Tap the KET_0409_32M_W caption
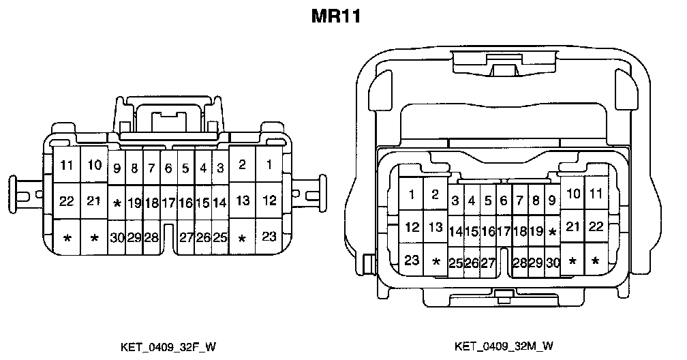[504, 346]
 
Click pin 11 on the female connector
[67, 165]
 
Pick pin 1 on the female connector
[270, 164]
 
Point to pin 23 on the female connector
[270, 237]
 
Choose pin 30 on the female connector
[117, 237]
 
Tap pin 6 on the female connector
[168, 168]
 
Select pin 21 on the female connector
[95, 201]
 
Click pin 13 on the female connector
[242, 201]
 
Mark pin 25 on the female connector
[219, 237]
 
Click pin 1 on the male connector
[412, 194]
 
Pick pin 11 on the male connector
[596, 194]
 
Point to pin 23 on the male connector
[412, 259]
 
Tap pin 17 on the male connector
[504, 231]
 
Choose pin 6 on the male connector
[504, 200]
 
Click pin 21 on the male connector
[572, 226]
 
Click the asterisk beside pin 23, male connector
[436, 262]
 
